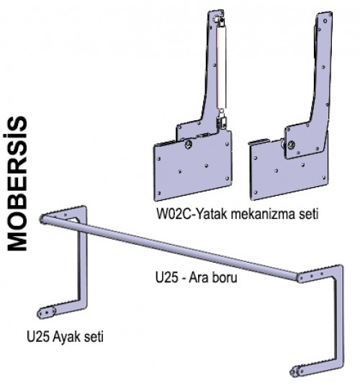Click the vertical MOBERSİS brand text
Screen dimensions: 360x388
click(17, 184)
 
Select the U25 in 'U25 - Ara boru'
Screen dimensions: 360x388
click(166, 277)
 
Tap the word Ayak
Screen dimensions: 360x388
click(66, 337)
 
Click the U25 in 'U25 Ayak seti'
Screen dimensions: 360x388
click(38, 337)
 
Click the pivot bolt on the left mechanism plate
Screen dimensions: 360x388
click(189, 144)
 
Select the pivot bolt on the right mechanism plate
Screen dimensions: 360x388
click(292, 144)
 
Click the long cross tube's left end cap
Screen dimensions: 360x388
click(42, 219)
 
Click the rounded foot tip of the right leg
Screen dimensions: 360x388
click(294, 372)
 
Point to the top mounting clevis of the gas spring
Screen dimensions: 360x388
click(221, 22)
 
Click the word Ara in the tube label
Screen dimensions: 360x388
click(197, 277)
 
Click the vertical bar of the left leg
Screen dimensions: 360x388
click(83, 262)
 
